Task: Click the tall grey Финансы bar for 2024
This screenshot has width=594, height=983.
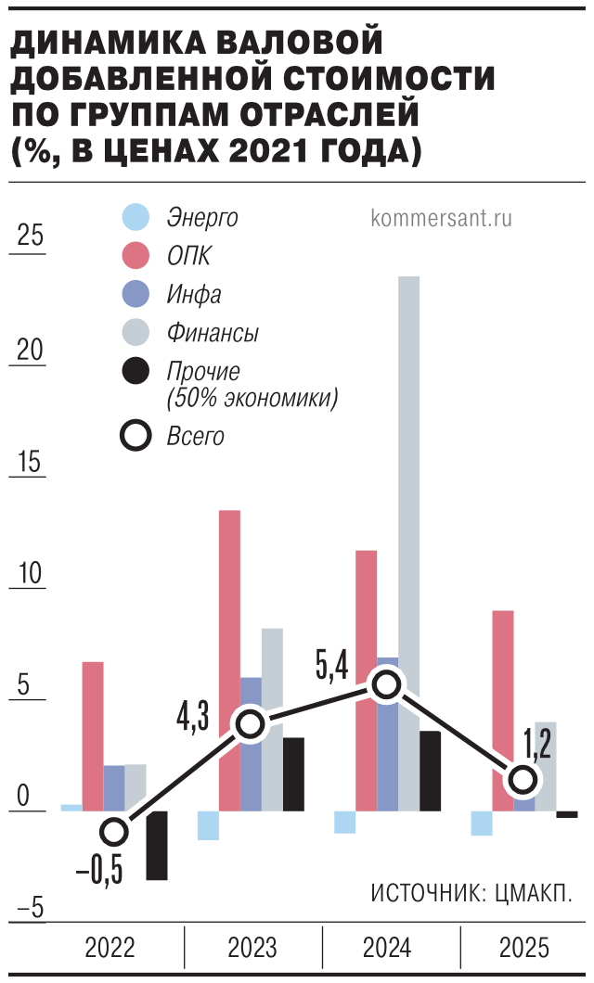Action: click(409, 464)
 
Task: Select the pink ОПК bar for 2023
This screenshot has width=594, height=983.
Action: click(229, 649)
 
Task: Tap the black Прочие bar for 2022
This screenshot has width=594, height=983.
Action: click(157, 846)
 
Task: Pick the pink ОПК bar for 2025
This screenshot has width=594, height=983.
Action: click(503, 705)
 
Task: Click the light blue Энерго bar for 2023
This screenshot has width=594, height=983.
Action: click(208, 825)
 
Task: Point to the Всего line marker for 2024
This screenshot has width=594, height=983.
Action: click(386, 684)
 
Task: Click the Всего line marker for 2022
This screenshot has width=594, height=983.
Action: click(114, 831)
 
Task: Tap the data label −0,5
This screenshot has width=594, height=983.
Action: click(99, 873)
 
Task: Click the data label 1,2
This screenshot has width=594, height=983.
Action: click(537, 743)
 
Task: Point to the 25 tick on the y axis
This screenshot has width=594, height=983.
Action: click(31, 236)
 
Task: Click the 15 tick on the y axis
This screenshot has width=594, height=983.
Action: click(31, 462)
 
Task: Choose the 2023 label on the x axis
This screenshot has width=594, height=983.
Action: click(252, 948)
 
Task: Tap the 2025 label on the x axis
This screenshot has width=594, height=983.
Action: click(524, 948)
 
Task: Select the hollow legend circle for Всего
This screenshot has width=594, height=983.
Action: click(136, 436)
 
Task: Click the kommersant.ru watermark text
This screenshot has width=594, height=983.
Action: click(441, 219)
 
